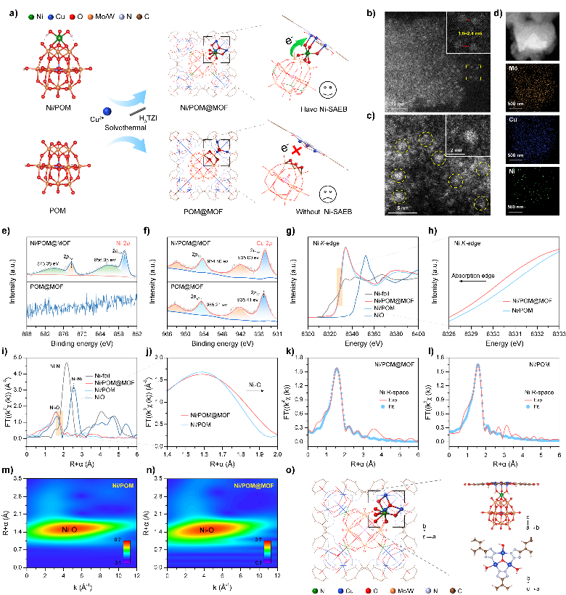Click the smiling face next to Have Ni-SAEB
(330, 91)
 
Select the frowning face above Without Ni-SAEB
(331, 194)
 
